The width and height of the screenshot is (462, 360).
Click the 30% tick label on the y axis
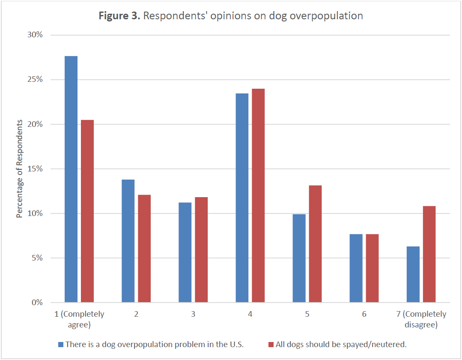point(34,35)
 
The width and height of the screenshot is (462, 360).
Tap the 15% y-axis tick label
point(34,169)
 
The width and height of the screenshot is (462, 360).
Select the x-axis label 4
point(250,314)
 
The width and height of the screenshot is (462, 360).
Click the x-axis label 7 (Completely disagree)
point(421,320)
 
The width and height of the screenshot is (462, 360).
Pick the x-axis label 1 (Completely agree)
point(79,320)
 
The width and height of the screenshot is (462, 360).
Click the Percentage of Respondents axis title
point(19,169)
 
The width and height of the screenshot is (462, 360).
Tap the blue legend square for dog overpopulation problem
point(60,344)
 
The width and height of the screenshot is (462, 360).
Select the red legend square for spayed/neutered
point(271,344)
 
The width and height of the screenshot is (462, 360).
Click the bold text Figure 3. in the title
point(119,16)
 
